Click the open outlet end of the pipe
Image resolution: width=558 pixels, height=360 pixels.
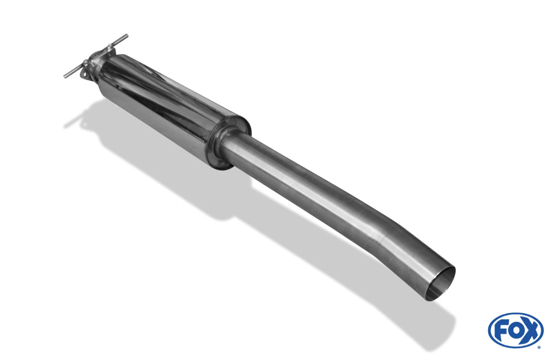point(441,284)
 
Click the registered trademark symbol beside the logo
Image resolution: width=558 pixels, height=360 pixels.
point(540,347)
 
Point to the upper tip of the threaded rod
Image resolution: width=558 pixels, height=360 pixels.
point(126,35)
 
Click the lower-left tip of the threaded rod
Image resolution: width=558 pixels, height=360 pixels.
point(65,76)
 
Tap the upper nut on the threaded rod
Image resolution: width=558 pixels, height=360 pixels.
point(109,47)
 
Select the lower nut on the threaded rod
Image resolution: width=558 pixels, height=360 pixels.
point(86,64)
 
